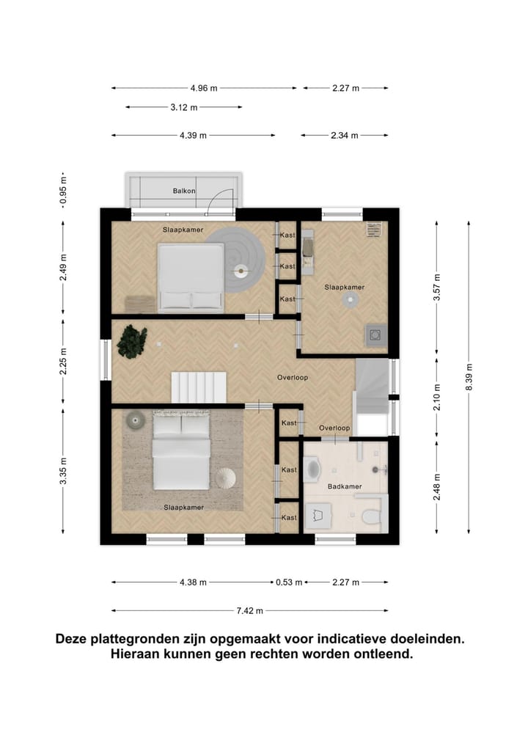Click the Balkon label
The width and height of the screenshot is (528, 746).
(184, 191)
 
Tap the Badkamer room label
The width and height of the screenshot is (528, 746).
(345, 486)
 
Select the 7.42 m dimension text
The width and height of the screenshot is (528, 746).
(250, 610)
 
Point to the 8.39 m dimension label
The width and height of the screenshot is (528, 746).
(469, 377)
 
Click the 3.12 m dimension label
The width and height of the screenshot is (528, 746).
(184, 107)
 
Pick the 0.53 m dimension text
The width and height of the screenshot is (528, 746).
(289, 582)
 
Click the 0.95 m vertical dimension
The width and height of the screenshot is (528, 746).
(63, 190)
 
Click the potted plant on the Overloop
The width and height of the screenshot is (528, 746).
(132, 341)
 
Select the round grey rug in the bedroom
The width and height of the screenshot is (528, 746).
(235, 259)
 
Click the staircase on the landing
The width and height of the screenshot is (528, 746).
(199, 388)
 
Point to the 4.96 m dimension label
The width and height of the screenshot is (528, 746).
(204, 88)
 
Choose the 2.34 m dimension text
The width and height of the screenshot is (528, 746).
(345, 135)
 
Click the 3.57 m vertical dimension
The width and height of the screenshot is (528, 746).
(436, 287)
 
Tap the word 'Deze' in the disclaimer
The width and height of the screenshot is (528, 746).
(71, 638)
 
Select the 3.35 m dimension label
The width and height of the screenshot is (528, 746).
(63, 471)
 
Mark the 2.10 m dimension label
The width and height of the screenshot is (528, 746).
(436, 398)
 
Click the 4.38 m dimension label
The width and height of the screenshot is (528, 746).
(193, 582)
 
